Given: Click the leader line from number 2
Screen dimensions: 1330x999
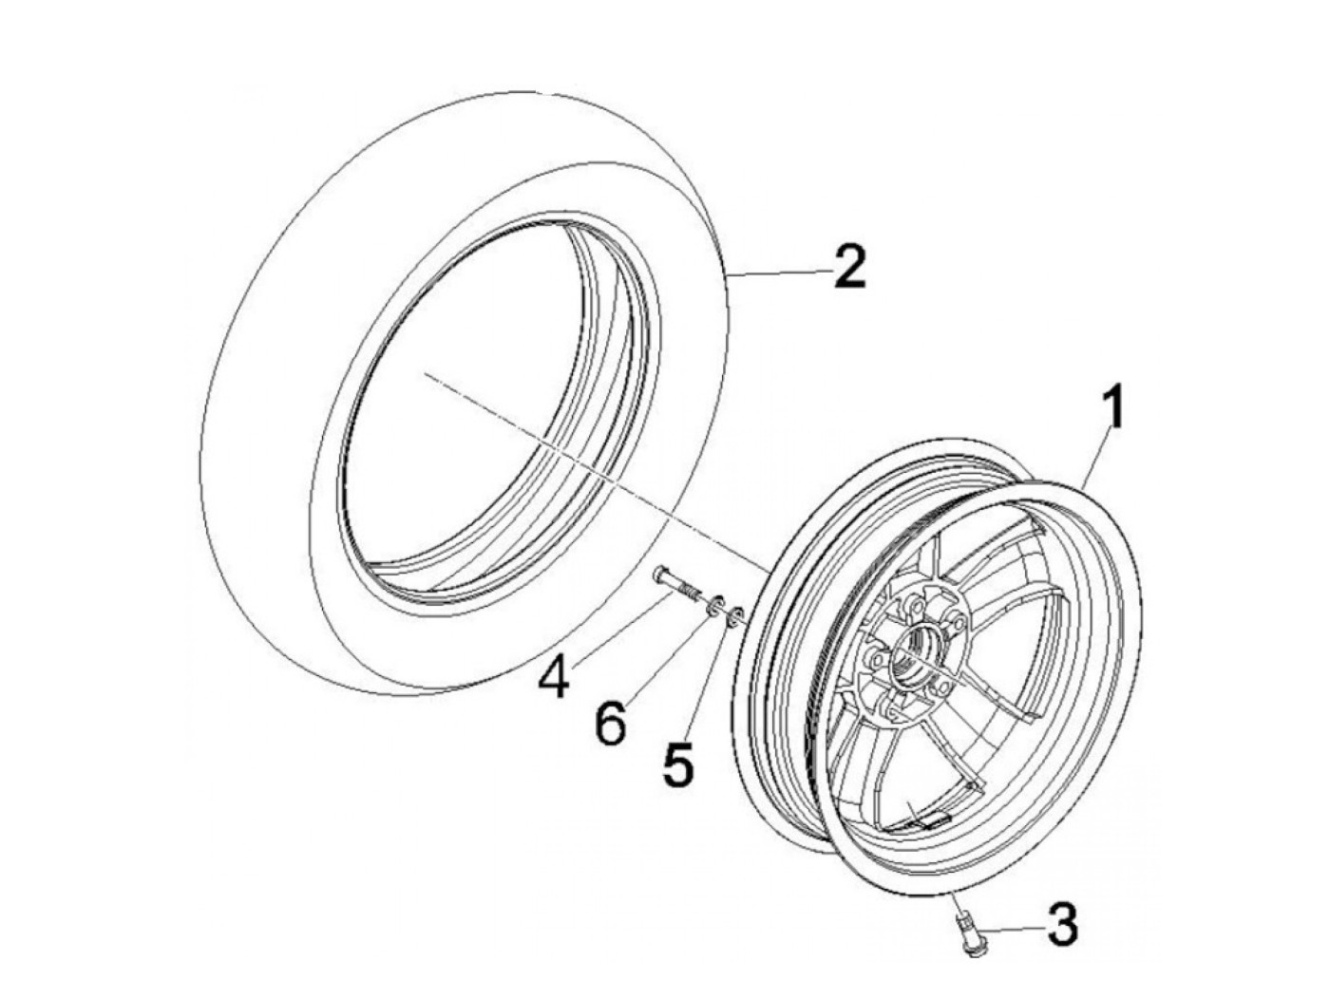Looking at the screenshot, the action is click(779, 273).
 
